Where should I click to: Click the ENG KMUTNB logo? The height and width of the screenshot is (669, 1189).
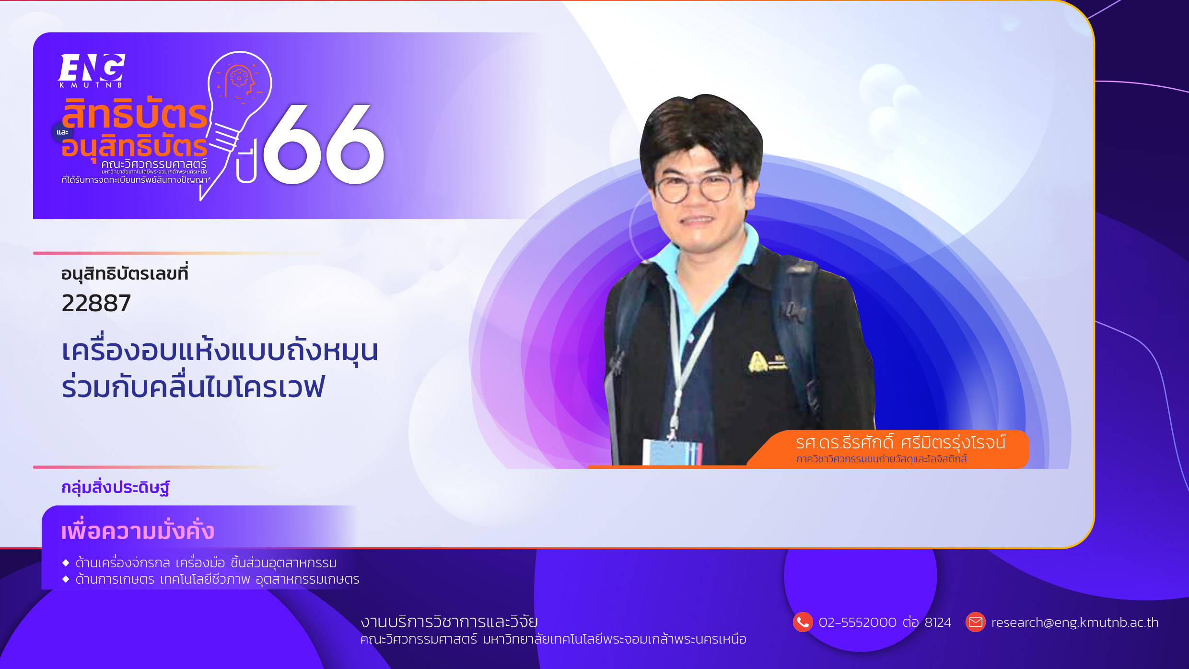coord(92,70)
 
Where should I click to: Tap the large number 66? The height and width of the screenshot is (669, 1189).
coord(324,144)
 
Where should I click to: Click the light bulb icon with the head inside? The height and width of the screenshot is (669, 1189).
coord(237,125)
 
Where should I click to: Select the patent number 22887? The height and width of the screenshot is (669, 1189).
coord(96,304)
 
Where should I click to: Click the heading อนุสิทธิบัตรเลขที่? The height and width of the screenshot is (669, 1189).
coord(125,273)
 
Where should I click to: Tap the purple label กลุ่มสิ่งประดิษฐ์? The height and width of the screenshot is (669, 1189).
coord(116,487)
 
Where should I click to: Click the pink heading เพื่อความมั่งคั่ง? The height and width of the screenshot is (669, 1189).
coord(138,530)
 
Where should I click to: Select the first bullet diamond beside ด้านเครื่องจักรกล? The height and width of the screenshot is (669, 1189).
coord(66,563)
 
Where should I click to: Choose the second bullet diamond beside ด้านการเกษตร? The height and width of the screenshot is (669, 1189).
coord(66,579)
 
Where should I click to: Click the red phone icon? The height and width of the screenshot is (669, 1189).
coord(803,622)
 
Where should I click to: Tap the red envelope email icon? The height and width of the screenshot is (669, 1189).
coord(976,622)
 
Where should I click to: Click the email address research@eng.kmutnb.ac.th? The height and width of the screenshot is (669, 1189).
coord(1075,622)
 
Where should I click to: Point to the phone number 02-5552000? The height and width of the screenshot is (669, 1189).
coord(858,622)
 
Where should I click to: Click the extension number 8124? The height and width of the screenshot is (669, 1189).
coord(938,622)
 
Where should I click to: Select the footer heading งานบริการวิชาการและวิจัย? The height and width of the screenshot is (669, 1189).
coord(449,622)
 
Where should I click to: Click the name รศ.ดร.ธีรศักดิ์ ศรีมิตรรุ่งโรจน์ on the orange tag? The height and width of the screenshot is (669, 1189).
coord(901,443)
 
